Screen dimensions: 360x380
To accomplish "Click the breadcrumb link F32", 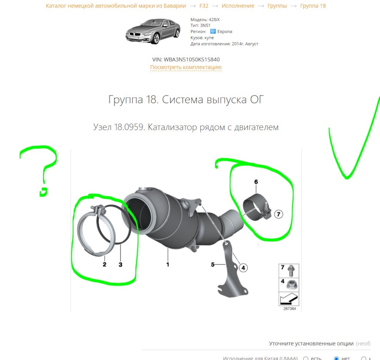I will (x=204, y=6).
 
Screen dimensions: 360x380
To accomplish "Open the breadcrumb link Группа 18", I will (x=313, y=6).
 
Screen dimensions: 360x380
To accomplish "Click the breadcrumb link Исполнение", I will (x=238, y=6).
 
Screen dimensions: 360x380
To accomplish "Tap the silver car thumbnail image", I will (x=150, y=31).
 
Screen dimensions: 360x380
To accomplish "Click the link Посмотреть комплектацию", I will (x=186, y=67).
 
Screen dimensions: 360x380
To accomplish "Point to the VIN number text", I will (x=186, y=59).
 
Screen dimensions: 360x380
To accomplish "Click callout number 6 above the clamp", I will (x=256, y=182).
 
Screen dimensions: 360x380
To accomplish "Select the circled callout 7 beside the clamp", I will (x=278, y=214).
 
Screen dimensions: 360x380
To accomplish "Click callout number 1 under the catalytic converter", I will (x=168, y=264).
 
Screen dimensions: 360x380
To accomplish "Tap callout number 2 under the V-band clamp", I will (x=104, y=264).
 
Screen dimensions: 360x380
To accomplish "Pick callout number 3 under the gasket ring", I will (x=120, y=264).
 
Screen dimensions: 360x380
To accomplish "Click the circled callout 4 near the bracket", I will (x=243, y=268).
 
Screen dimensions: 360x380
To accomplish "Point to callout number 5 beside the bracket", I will (x=213, y=264).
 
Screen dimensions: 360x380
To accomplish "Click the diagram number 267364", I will (x=289, y=309).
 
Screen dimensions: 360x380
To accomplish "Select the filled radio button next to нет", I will (x=336, y=358).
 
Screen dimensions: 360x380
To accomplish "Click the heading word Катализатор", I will (x=173, y=127).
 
